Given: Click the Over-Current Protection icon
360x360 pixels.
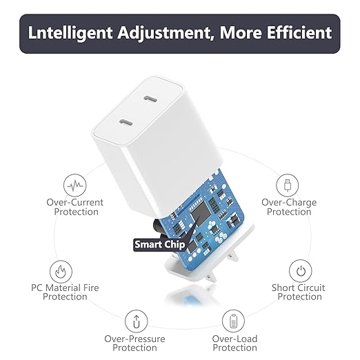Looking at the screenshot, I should (74, 185).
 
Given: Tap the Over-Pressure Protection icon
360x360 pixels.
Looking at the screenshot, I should (135, 321).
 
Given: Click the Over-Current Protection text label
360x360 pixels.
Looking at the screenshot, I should (75, 207).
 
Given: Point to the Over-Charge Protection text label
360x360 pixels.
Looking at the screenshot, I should (289, 207).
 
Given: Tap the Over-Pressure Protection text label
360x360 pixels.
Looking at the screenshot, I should (135, 343).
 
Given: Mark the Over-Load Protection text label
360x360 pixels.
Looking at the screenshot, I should (234, 343).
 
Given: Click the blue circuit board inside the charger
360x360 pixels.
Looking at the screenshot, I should (221, 207).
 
